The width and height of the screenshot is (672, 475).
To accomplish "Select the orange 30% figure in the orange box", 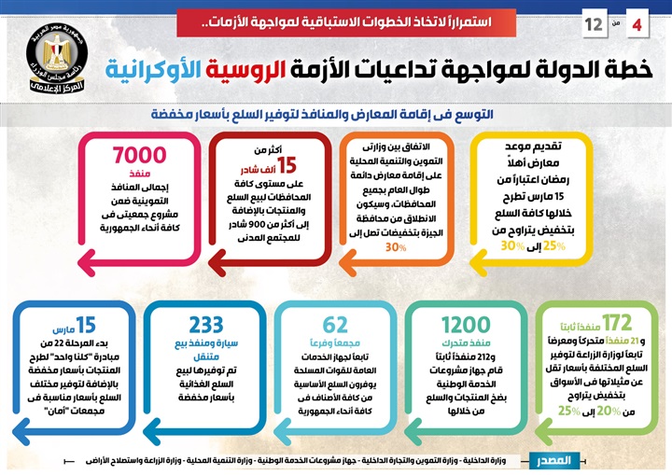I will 396,247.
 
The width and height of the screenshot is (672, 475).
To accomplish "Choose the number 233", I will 206,326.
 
